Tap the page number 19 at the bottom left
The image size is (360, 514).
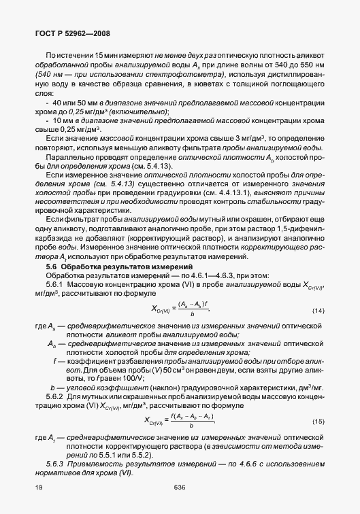pyautogui.click(x=29, y=487)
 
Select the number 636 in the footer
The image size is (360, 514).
pyautogui.click(x=180, y=487)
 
